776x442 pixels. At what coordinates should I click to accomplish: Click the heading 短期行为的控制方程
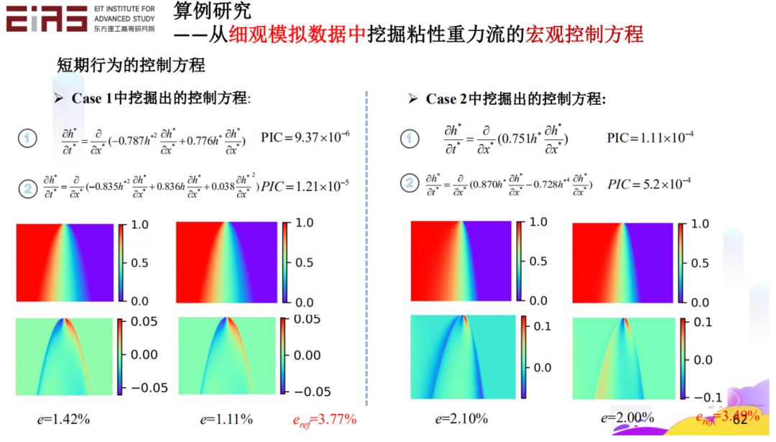tap(131, 65)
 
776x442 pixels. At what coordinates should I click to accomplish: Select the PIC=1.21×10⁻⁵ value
tap(305, 185)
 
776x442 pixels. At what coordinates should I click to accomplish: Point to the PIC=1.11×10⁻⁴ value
tap(650, 137)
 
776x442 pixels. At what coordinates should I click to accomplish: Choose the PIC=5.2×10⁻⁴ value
tap(649, 184)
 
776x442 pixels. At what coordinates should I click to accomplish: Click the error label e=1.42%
tap(63, 419)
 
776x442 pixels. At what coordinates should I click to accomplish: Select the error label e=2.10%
tap(461, 419)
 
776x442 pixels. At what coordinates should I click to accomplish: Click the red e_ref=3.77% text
tap(324, 419)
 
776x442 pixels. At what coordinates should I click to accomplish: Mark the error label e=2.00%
tap(627, 418)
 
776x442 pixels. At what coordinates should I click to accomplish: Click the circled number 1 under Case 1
tap(27, 138)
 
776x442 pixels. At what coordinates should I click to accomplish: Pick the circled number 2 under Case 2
tap(410, 183)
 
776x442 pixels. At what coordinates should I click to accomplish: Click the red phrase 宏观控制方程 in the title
tap(584, 34)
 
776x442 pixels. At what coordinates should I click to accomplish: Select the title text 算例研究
tap(213, 11)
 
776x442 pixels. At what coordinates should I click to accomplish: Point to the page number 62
tap(739, 420)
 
